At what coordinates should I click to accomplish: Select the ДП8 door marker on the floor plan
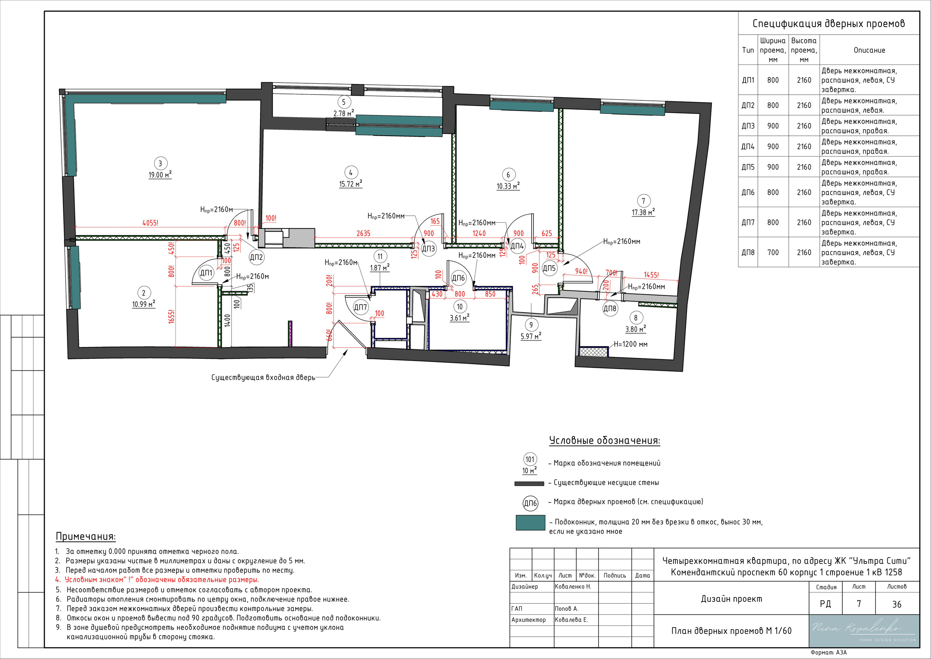tap(610, 309)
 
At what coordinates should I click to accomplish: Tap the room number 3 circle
tap(160, 163)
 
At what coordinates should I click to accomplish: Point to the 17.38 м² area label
tap(643, 212)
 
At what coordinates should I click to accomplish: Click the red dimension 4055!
tap(151, 223)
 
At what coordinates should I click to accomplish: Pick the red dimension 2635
tap(363, 233)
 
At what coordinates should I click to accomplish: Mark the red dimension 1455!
tap(651, 275)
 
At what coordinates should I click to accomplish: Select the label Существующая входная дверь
tap(263, 377)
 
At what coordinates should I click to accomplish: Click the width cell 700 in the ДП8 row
tap(773, 253)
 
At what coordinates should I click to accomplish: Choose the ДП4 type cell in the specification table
tap(748, 147)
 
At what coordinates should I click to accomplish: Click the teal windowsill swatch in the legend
tap(530, 523)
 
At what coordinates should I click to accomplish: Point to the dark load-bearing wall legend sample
tap(529, 484)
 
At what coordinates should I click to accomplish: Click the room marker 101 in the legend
tap(530, 459)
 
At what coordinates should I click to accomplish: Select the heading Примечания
tap(85, 536)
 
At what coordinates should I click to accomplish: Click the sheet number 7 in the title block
tap(859, 604)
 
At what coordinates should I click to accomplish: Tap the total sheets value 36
tap(897, 604)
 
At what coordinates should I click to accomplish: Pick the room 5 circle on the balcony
tap(344, 102)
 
